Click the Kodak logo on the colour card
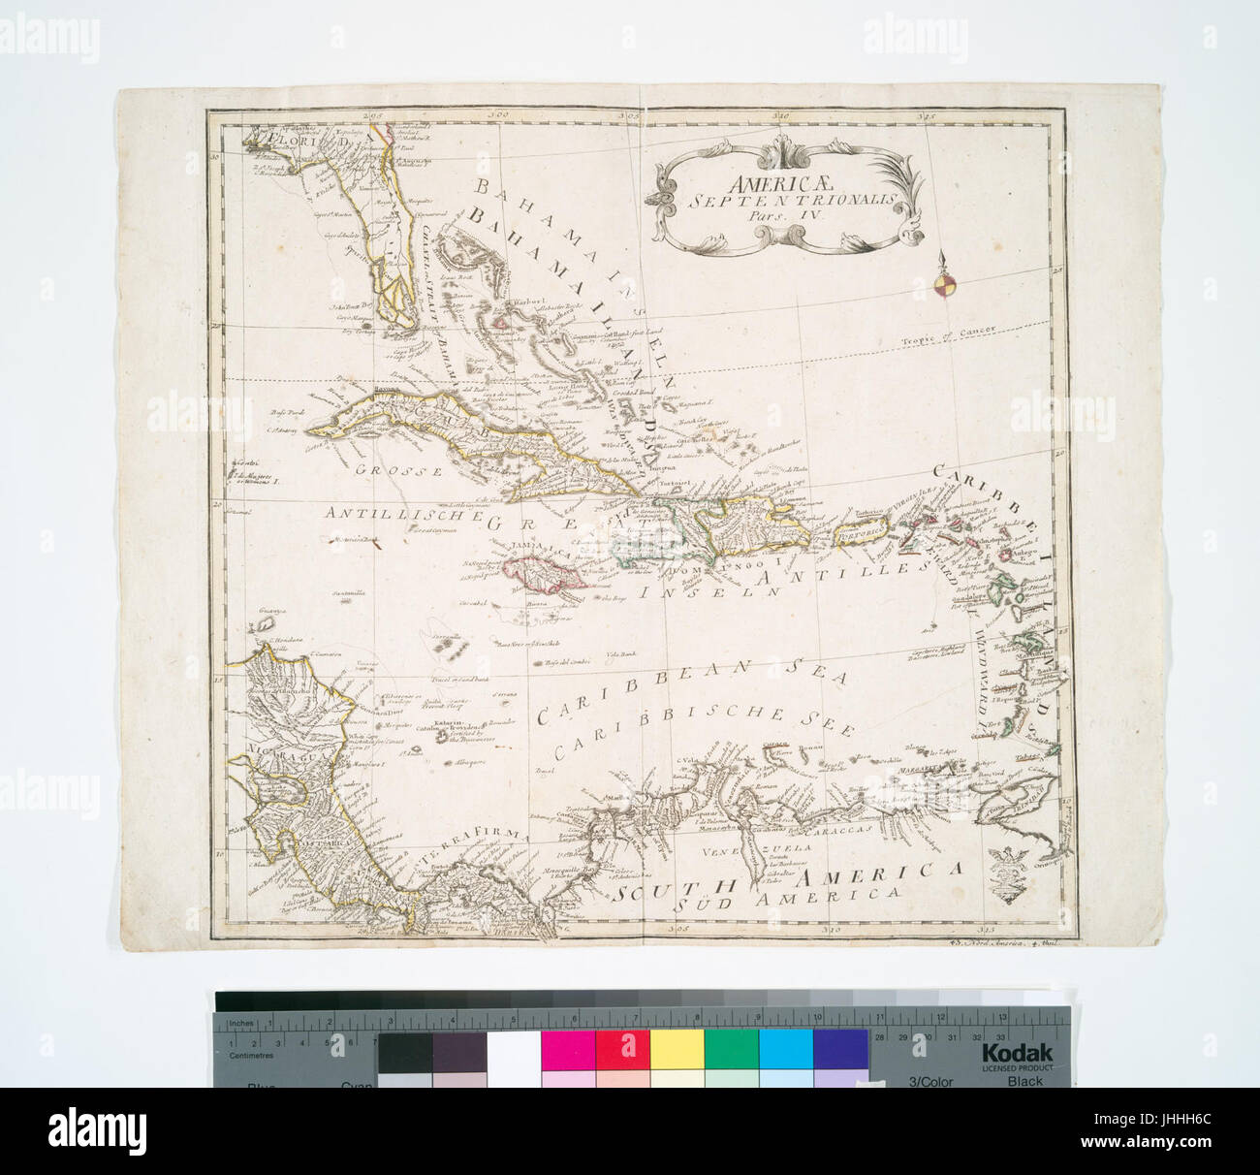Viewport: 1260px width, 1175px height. [1016, 1054]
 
